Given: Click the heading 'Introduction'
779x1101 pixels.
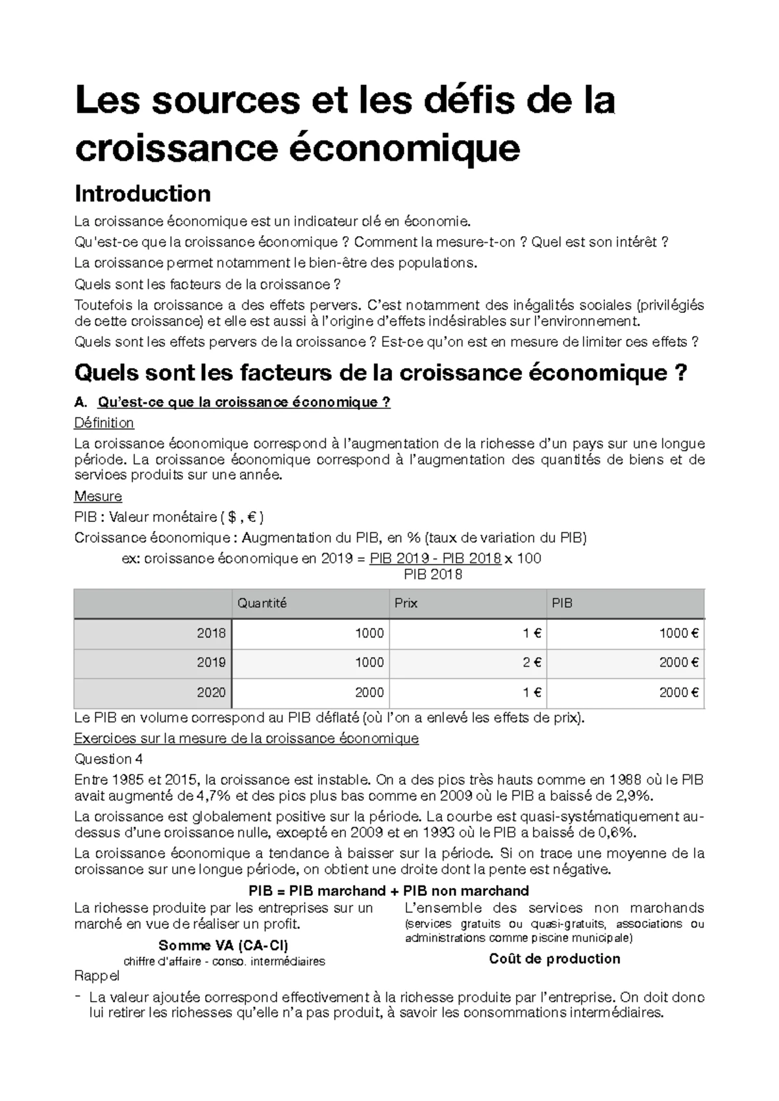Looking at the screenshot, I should point(142,193).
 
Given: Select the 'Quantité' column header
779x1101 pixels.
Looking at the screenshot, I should point(262,603).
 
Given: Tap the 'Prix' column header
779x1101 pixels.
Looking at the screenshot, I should point(406,603).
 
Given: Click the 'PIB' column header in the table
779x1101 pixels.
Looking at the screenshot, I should point(562,603).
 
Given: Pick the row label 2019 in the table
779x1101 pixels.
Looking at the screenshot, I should point(211,663).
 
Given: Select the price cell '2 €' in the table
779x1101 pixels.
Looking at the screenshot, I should point(532,663).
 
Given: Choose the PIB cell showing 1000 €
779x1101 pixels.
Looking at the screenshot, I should point(678,633).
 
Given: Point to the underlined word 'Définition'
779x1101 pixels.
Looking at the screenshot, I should point(104,423).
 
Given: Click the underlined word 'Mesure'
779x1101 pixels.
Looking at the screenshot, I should point(98,497).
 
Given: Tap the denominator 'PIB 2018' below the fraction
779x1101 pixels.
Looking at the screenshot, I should point(433,575).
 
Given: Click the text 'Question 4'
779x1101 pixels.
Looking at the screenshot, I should point(108,759).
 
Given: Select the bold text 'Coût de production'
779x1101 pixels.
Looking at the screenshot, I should point(554,959).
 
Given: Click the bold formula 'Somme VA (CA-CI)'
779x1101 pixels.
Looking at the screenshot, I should point(223,945).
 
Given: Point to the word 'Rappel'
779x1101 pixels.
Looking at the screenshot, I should point(97,976).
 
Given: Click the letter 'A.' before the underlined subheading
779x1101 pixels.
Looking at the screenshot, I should point(80,403).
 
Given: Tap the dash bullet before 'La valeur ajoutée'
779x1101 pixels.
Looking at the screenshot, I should point(78,996).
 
